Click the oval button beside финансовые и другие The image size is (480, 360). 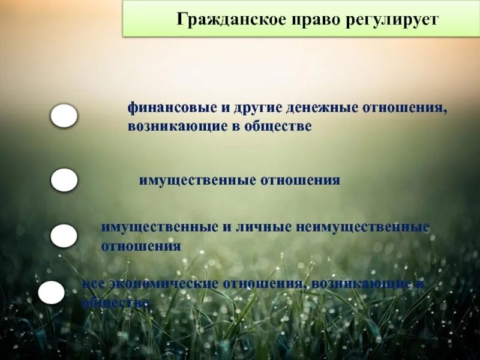click(x=64, y=116)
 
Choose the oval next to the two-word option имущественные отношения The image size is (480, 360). click(x=64, y=180)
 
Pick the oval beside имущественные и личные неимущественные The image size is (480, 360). click(x=64, y=236)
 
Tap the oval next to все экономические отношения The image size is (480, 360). click(x=52, y=293)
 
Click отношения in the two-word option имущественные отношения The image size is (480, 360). click(x=300, y=180)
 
